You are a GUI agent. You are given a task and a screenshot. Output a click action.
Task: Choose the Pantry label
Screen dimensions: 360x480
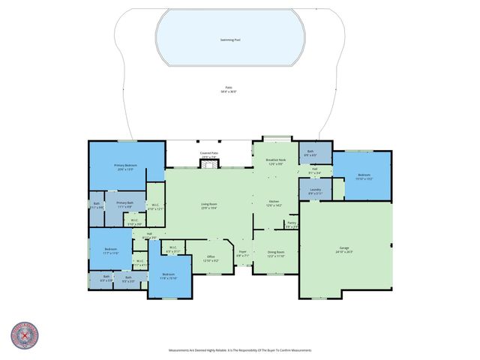coord(292,224)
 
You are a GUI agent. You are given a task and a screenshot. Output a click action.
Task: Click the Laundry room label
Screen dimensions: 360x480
coord(316,191)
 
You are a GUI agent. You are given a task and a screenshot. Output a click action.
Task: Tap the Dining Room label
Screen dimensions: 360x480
coord(275,253)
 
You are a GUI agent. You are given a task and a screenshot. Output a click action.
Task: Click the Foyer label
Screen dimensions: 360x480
coord(243,253)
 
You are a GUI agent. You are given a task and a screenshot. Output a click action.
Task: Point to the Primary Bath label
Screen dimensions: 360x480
coord(124,205)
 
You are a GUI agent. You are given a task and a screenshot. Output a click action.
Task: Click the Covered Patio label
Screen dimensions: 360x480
coord(209,154)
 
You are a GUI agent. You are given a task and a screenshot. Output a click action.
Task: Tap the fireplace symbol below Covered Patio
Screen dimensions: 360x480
coord(209,164)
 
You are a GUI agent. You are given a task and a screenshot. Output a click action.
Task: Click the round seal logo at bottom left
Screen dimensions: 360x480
coord(24,335)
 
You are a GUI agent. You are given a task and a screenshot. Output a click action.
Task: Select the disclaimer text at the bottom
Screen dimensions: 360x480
coord(240,350)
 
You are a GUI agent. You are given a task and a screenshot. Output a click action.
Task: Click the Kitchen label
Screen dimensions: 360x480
coord(274,203)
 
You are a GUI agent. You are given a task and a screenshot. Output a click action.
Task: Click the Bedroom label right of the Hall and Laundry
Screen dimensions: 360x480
coord(364,176)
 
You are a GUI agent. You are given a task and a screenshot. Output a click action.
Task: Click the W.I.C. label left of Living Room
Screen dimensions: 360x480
coord(154,207)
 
